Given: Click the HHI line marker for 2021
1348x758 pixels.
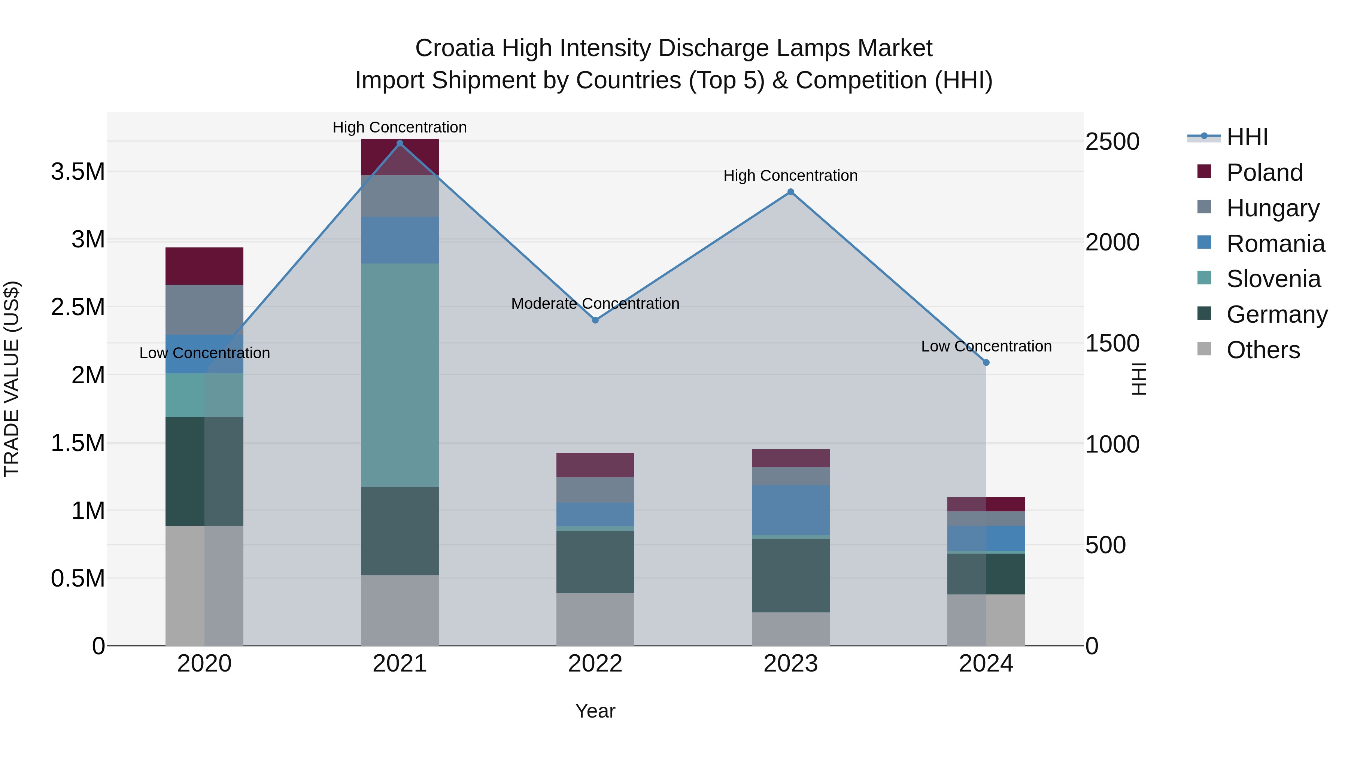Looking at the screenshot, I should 400,143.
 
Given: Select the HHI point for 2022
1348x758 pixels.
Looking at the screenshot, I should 595,320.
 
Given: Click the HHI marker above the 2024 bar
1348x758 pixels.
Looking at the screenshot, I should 986,362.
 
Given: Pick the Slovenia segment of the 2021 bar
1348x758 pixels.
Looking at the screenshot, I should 400,375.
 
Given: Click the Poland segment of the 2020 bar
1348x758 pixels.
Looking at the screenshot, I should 204,266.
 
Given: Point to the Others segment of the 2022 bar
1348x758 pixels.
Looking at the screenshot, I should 595,620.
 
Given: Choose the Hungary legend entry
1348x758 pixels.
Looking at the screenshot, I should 1273,208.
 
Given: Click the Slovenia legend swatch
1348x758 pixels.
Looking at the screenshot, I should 1203,278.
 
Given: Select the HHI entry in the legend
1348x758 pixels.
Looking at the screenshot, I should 1247,137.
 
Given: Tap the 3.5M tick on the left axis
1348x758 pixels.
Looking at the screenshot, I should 78,171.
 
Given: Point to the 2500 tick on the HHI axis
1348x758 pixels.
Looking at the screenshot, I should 1112,142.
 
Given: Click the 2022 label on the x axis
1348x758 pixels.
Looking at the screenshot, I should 595,664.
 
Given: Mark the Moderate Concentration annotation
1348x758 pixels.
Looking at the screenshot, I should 595,304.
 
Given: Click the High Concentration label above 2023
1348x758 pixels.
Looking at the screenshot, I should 790,176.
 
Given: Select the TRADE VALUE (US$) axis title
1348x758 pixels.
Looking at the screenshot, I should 12,379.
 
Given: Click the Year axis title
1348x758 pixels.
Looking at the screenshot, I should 595,711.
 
